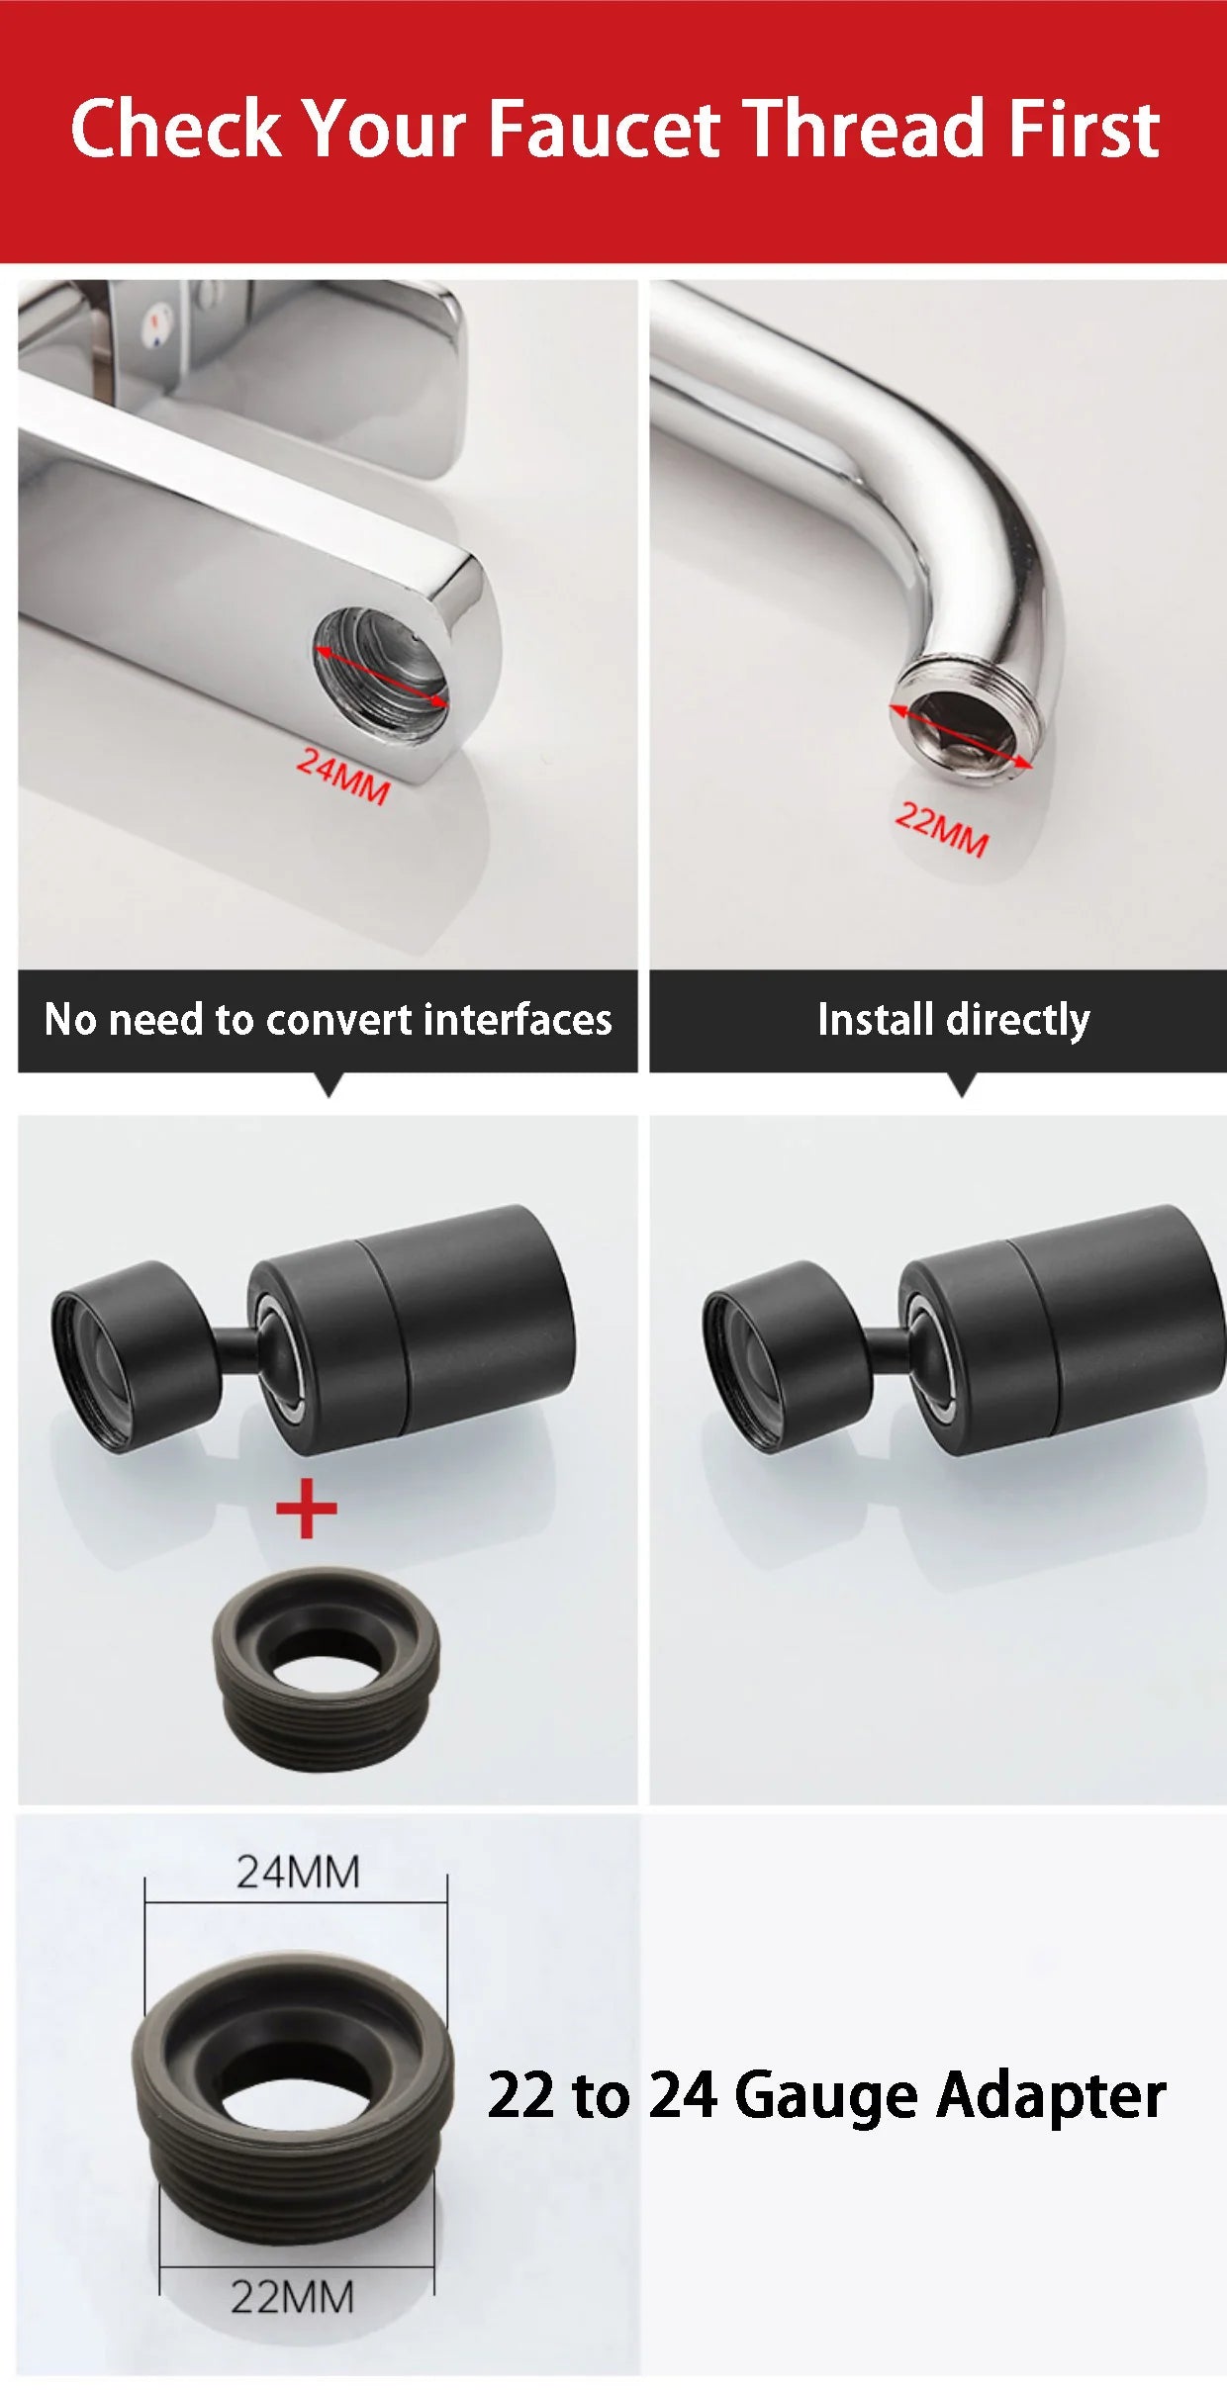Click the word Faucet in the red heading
click(x=604, y=129)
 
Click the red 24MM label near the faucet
click(x=343, y=777)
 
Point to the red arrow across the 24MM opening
click(x=381, y=677)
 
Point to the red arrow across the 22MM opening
click(x=960, y=737)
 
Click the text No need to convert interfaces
click(x=328, y=1019)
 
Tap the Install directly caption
click(x=953, y=1019)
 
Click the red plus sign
click(x=306, y=1509)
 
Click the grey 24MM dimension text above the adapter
click(x=297, y=1873)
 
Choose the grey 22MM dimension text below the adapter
click(x=292, y=2297)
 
